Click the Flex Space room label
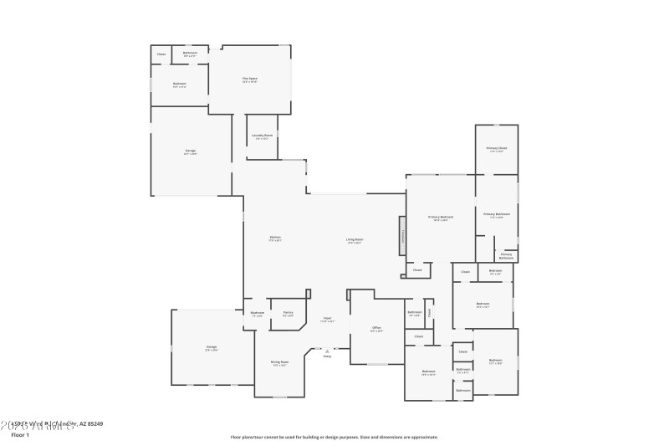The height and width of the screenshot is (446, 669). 250,79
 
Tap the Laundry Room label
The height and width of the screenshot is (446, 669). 263,135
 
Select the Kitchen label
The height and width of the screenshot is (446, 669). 275,238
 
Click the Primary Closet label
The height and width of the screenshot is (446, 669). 497,148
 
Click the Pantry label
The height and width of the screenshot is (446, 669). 288,313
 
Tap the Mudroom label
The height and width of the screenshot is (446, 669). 258,313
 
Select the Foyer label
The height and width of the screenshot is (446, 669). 329,319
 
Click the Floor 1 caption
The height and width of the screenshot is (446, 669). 20,435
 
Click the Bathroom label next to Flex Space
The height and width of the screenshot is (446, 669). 191,53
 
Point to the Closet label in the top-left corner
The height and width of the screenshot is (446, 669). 161,54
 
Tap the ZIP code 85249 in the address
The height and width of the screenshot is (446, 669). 94,424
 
